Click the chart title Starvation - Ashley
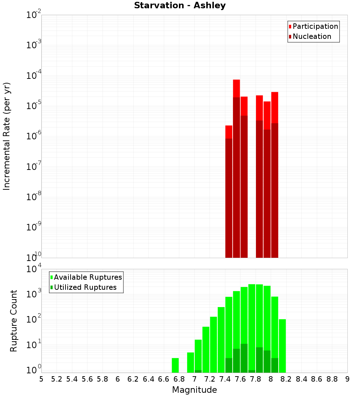[x=180, y=6]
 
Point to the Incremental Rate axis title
[x=7, y=136]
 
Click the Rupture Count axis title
[x=14, y=321]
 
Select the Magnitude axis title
[x=194, y=390]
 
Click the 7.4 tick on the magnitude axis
[x=225, y=379]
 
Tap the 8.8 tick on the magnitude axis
[x=332, y=379]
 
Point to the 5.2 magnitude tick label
[x=57, y=379]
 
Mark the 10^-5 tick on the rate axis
[x=34, y=106]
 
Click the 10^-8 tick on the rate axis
[x=34, y=197]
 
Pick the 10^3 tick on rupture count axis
[x=34, y=294]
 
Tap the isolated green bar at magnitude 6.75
[x=175, y=365]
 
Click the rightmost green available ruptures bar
[x=282, y=346]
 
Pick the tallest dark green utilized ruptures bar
[x=244, y=358]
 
